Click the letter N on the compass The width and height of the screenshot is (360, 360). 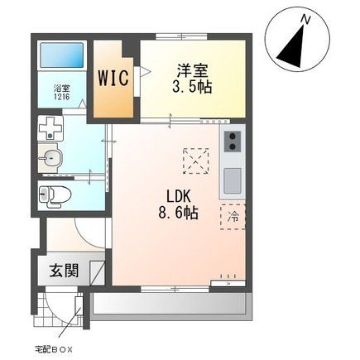click(x=305, y=18)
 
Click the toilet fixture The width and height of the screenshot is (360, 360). click(x=55, y=195)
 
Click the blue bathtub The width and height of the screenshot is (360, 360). click(x=61, y=56)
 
